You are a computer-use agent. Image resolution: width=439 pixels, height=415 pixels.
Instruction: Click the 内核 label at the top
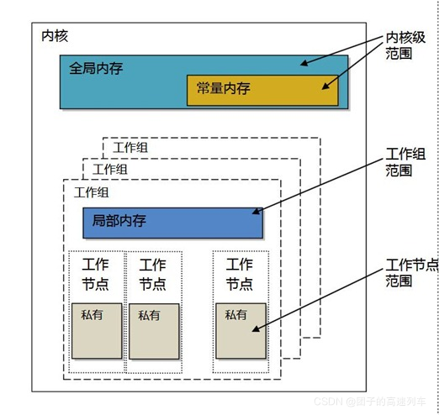(55, 36)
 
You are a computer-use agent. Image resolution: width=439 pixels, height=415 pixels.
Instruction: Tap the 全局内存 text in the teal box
(96, 68)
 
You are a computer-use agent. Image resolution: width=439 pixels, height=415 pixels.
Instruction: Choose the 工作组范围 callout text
(405, 161)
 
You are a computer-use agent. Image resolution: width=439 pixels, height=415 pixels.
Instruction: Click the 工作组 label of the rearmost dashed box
(130, 148)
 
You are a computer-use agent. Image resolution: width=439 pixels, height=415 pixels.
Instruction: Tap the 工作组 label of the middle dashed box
(110, 169)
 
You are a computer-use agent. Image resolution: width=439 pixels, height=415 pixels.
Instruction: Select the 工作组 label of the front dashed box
(91, 192)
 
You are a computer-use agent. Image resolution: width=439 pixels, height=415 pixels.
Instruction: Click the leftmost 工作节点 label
(96, 275)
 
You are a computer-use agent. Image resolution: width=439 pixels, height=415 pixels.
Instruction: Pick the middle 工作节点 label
(152, 275)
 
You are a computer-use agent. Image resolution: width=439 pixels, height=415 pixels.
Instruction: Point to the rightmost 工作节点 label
(240, 275)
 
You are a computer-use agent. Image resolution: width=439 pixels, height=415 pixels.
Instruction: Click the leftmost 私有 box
(96, 331)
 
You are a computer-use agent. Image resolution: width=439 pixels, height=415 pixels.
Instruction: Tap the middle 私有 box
(154, 331)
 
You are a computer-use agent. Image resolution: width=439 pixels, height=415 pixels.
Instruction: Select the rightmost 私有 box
(241, 331)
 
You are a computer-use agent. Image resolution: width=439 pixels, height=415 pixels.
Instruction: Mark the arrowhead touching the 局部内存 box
(254, 211)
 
